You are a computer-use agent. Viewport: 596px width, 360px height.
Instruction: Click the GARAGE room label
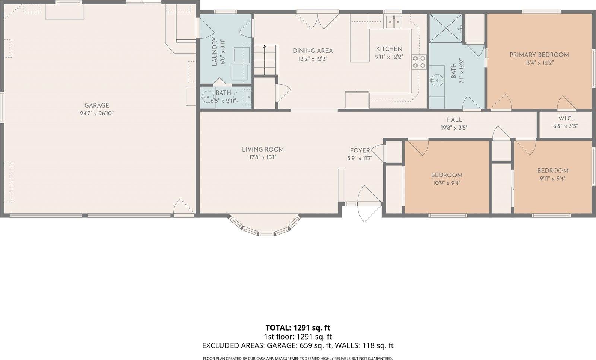pyautogui.click(x=96, y=105)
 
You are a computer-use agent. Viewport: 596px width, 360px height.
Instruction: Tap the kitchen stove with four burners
pyautogui.click(x=419, y=62)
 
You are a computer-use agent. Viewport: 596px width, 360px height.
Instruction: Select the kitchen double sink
pyautogui.click(x=394, y=22)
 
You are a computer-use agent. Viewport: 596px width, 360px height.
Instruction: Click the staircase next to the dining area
pyautogui.click(x=266, y=60)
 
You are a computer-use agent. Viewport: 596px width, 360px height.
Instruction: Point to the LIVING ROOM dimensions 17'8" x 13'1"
pyautogui.click(x=263, y=157)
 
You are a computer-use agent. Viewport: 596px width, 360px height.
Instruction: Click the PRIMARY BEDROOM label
pyautogui.click(x=539, y=55)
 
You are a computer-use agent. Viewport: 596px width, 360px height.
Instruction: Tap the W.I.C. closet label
pyautogui.click(x=565, y=118)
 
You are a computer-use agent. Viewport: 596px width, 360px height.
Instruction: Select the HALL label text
pyautogui.click(x=454, y=120)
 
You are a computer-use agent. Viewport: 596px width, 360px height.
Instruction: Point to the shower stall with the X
pyautogui.click(x=446, y=28)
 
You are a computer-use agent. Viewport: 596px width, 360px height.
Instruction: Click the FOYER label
pyautogui.click(x=360, y=150)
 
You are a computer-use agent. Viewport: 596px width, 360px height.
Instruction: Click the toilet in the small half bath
pyautogui.click(x=206, y=98)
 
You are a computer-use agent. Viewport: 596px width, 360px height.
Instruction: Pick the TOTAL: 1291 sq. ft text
pyautogui.click(x=298, y=328)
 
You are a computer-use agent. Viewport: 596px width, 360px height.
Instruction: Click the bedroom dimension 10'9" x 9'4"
pyautogui.click(x=447, y=183)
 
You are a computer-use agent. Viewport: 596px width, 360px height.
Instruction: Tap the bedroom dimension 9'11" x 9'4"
pyautogui.click(x=552, y=178)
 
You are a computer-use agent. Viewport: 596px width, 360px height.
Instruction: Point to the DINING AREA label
pyautogui.click(x=313, y=51)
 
